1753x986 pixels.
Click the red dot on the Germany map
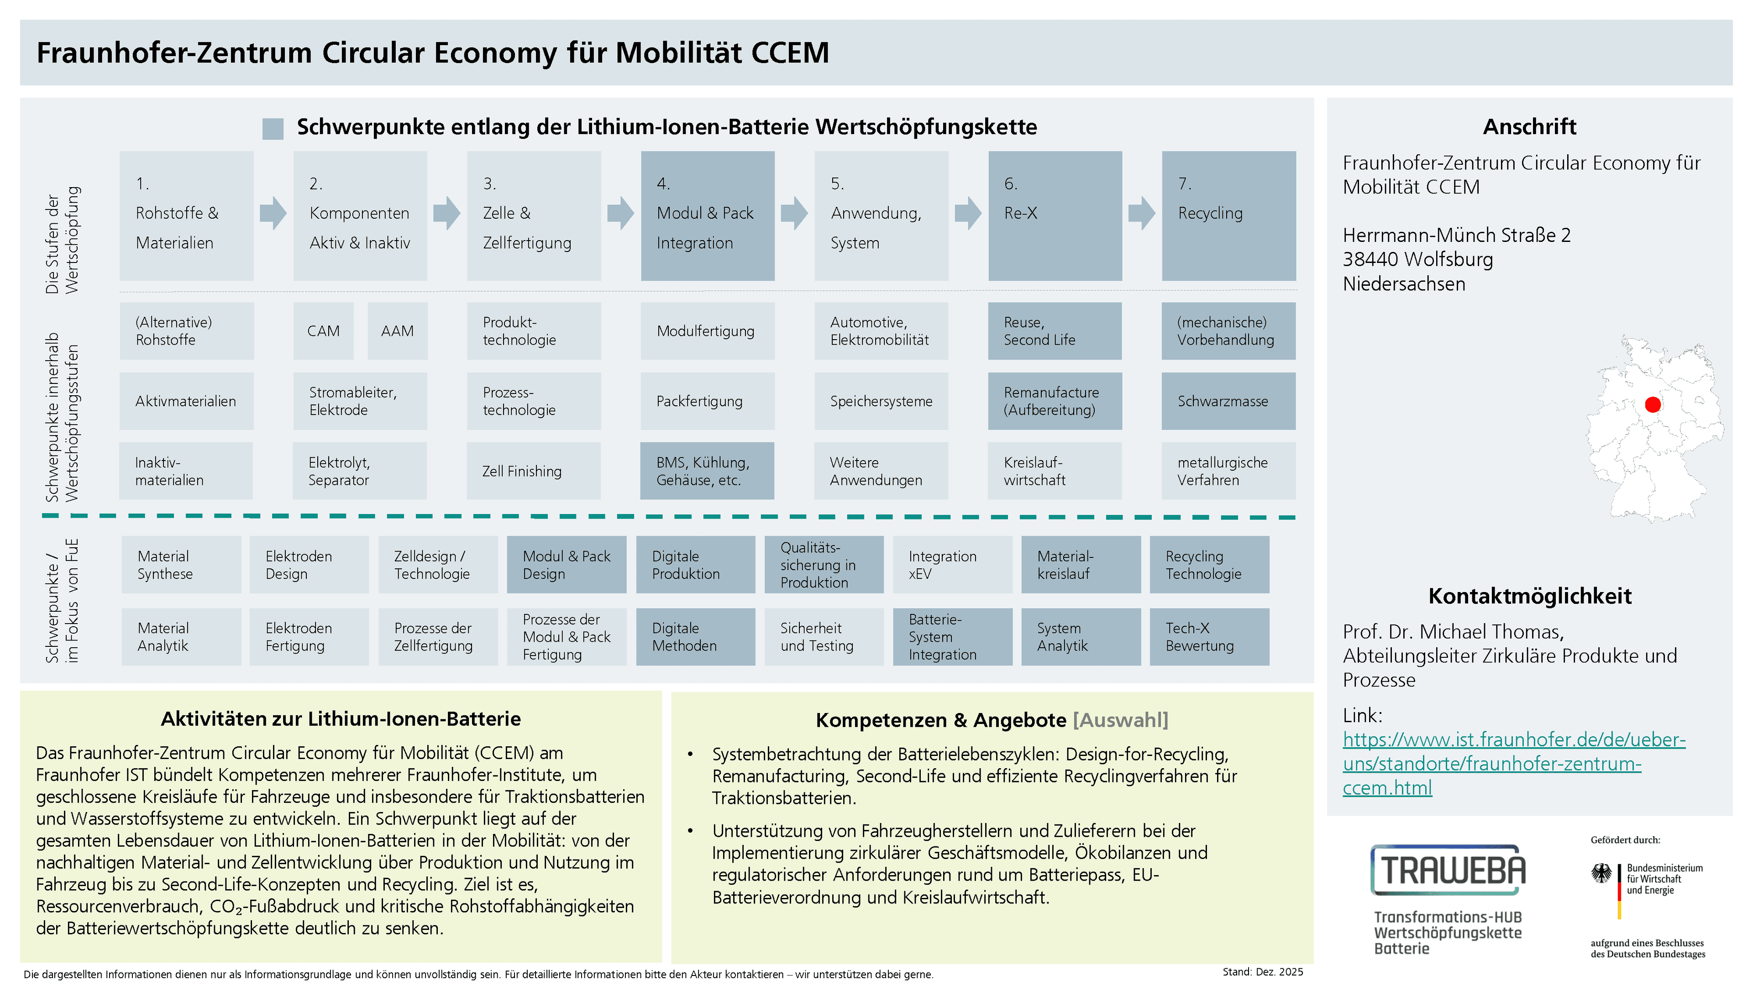1652,405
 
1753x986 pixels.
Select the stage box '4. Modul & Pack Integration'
708,216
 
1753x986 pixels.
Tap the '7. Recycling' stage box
1229,216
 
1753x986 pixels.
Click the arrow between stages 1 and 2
273,213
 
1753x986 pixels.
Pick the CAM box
323,330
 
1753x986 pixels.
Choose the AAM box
398,330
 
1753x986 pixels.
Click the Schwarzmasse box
1228,401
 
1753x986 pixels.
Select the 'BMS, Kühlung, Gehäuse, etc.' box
707,471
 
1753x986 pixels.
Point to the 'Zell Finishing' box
534,471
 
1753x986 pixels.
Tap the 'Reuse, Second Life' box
1055,330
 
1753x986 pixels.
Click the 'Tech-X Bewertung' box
1209,637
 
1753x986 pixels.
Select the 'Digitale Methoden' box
695,637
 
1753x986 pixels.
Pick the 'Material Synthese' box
182,565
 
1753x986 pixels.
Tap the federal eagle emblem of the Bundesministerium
1601,874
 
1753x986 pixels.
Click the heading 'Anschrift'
1530,126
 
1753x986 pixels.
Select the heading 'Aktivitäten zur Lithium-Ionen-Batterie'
341,719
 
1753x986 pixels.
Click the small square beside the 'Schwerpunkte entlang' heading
273,129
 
